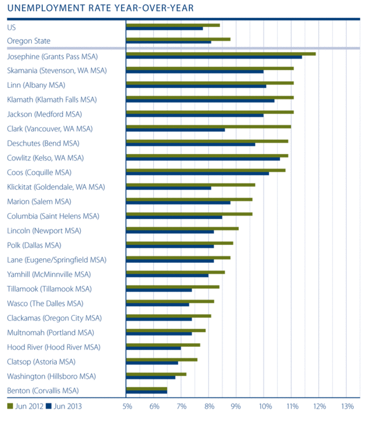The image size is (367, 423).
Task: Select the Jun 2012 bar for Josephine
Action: (221, 53)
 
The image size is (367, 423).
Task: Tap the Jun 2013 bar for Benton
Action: (146, 392)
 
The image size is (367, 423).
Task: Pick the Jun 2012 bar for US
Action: (173, 24)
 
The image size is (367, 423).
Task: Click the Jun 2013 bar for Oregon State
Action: (168, 42)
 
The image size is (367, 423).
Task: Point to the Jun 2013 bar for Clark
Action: (175, 130)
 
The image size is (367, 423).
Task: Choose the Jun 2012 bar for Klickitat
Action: (190, 184)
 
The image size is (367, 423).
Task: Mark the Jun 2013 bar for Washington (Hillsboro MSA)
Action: (150, 378)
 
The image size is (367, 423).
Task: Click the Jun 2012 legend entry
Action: (26, 406)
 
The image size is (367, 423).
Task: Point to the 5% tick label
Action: (127, 407)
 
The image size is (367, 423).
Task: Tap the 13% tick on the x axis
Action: (346, 407)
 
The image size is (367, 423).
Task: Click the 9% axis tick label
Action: (236, 407)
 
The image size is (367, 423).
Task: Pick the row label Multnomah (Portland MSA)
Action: (51, 332)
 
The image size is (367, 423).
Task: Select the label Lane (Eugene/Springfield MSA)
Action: (56, 259)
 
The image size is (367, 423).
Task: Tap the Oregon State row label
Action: (28, 41)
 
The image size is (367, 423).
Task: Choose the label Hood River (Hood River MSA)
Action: (53, 347)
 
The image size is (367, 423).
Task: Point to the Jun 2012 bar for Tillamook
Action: (173, 287)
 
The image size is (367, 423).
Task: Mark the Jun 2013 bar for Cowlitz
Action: (203, 159)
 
